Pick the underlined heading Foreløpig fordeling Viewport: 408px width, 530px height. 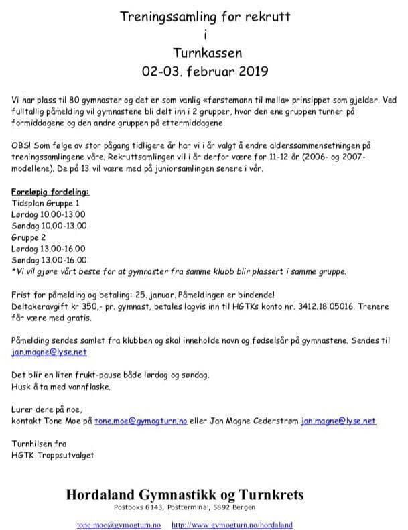[x=51, y=192]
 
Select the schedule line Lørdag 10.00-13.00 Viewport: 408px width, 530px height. [x=49, y=212]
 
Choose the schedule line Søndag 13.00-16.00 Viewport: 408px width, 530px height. [x=49, y=259]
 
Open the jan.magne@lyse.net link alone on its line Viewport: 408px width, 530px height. [x=49, y=352]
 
